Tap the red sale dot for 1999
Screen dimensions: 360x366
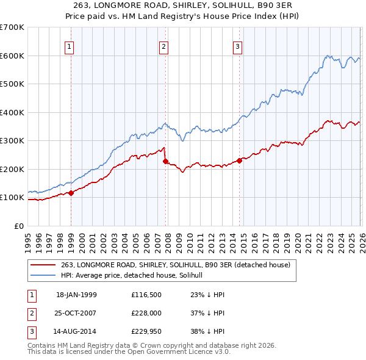[x=71, y=193]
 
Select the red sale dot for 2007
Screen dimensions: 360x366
[x=165, y=161]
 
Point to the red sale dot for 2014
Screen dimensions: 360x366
[x=239, y=160]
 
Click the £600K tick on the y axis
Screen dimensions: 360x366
[x=12, y=56]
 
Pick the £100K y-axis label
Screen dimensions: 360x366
[x=12, y=198]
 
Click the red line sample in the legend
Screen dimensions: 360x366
[x=44, y=264]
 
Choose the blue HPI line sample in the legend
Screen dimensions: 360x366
[x=44, y=275]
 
